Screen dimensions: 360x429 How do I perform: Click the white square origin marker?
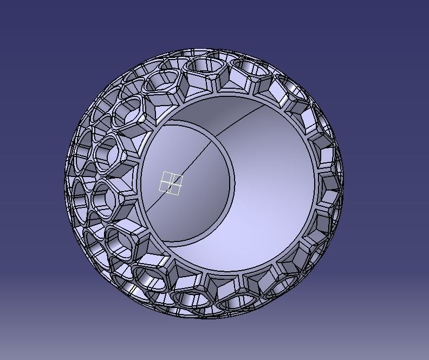coord(171,183)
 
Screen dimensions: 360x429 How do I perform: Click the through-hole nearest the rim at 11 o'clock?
coord(161,82)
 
